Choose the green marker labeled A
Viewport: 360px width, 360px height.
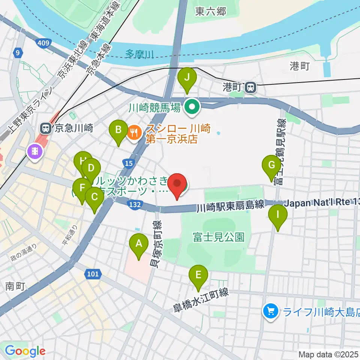click(x=139, y=245)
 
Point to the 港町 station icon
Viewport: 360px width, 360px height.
click(x=250, y=87)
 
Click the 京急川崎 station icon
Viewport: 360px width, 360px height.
click(x=46, y=129)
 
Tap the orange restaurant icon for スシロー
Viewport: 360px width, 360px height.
click(x=134, y=132)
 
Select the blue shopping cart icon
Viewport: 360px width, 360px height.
click(x=270, y=311)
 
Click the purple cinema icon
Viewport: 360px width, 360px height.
click(x=34, y=151)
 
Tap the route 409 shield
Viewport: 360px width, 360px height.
click(x=43, y=43)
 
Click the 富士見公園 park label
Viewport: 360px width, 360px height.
click(x=219, y=237)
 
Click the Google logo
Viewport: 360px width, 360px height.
click(x=25, y=351)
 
